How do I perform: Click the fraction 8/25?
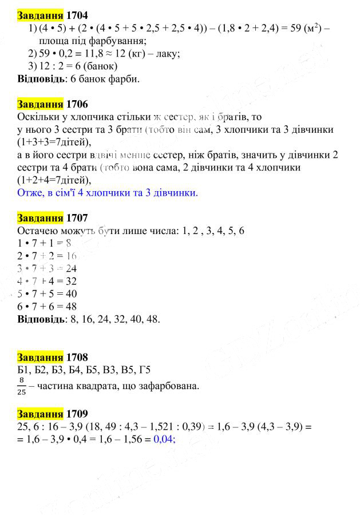[22, 386]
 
